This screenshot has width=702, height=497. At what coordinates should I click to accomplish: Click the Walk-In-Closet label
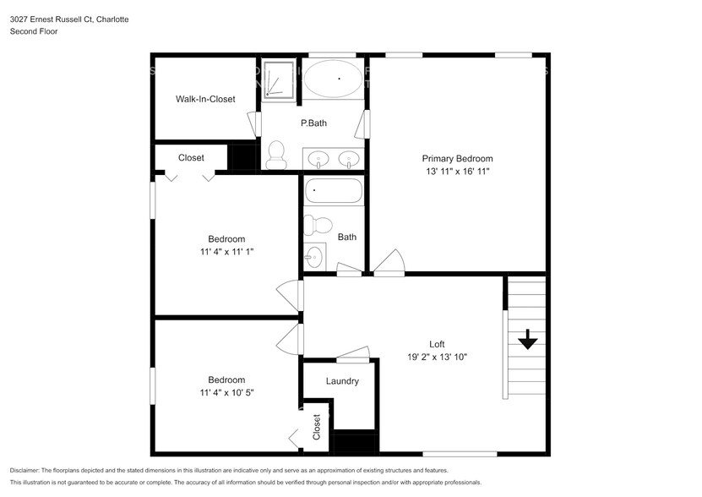[205, 99]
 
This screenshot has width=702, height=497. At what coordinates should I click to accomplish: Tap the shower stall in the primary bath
[274, 79]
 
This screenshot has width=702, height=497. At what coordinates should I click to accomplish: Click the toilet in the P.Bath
[275, 155]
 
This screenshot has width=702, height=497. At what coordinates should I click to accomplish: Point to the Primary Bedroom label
[457, 158]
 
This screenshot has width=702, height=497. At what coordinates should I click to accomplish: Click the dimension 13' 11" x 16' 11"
[457, 172]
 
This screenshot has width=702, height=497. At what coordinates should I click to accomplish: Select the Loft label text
[437, 344]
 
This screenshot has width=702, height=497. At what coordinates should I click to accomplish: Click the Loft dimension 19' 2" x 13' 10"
[437, 358]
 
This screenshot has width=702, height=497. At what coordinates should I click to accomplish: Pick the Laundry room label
[342, 381]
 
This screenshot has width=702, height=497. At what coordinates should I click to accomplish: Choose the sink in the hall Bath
[315, 254]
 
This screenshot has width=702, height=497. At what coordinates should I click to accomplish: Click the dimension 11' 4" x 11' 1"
[226, 252]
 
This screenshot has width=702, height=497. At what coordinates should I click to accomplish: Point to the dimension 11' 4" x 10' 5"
[226, 393]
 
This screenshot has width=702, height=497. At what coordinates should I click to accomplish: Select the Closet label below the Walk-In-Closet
[191, 157]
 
